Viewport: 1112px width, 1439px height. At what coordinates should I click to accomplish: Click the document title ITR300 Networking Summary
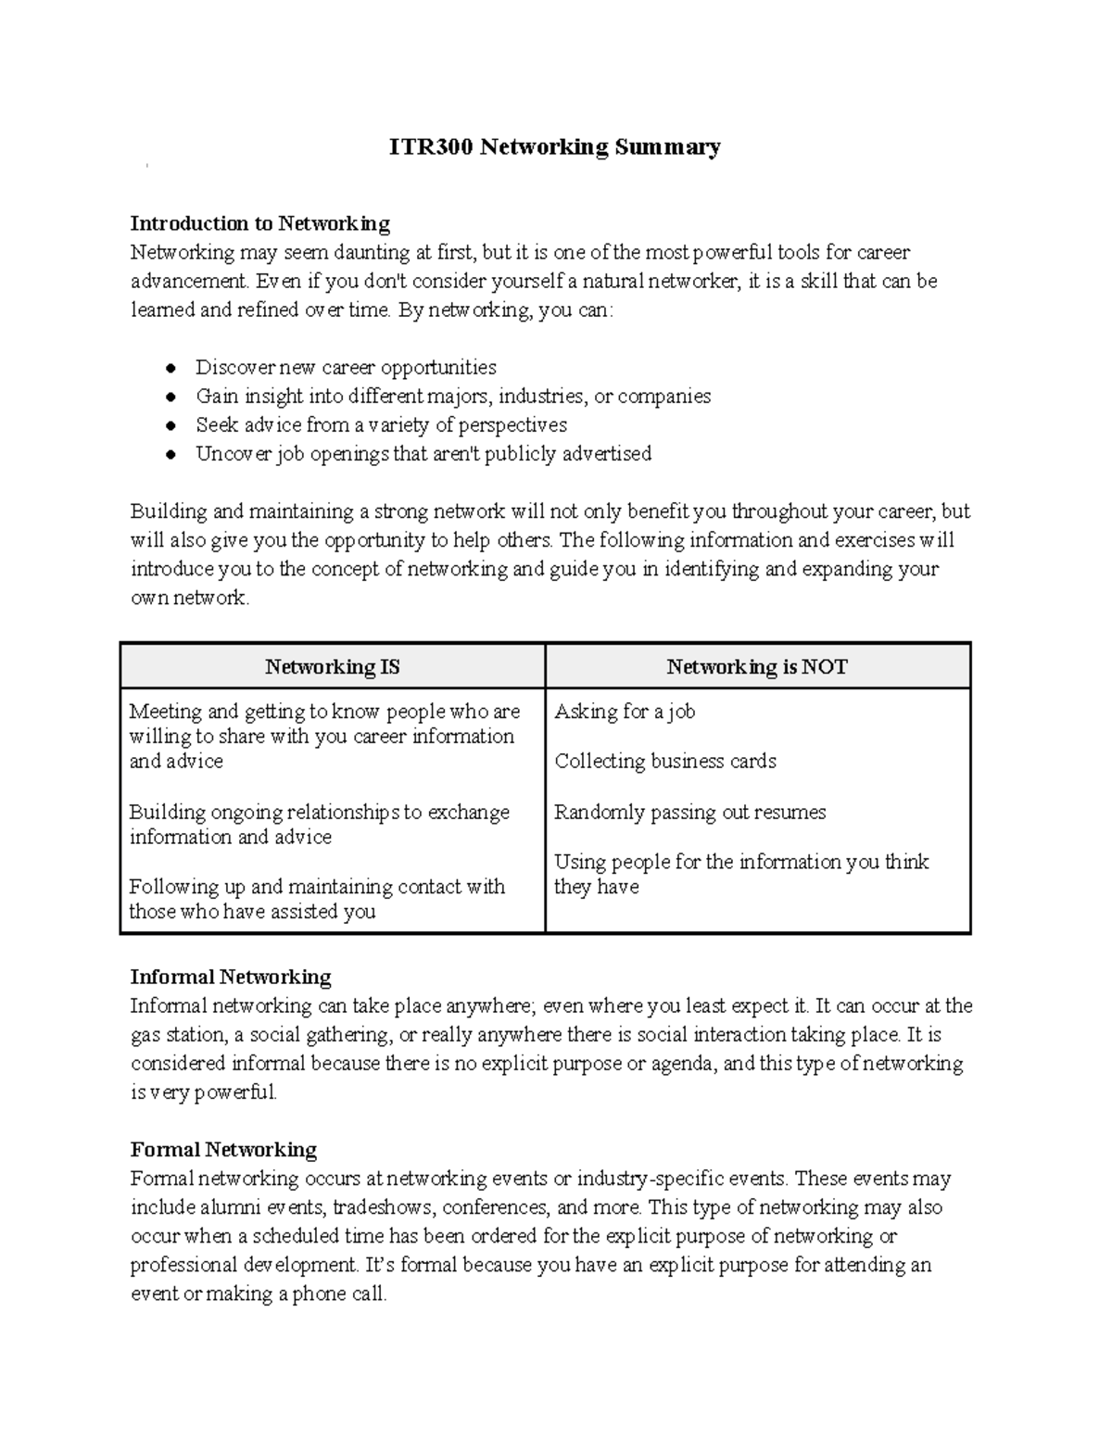[x=554, y=147]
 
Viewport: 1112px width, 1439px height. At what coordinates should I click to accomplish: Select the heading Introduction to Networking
[x=259, y=223]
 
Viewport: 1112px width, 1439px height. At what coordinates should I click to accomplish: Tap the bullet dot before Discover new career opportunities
[x=171, y=368]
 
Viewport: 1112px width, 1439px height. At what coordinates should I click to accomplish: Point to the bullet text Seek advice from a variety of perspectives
[x=381, y=425]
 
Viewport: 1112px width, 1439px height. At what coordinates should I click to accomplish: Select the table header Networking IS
[x=333, y=667]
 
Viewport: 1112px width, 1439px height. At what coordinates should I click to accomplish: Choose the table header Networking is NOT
[x=757, y=667]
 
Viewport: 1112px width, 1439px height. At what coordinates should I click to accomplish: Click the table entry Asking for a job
[x=625, y=712]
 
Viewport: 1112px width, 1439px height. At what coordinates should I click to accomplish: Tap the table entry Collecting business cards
[x=665, y=762]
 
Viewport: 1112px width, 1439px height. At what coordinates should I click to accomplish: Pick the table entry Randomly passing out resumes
[x=689, y=813]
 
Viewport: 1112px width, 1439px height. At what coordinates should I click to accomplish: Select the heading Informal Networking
[x=231, y=978]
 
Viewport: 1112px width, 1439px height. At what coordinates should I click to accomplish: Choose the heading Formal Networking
[x=223, y=1150]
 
